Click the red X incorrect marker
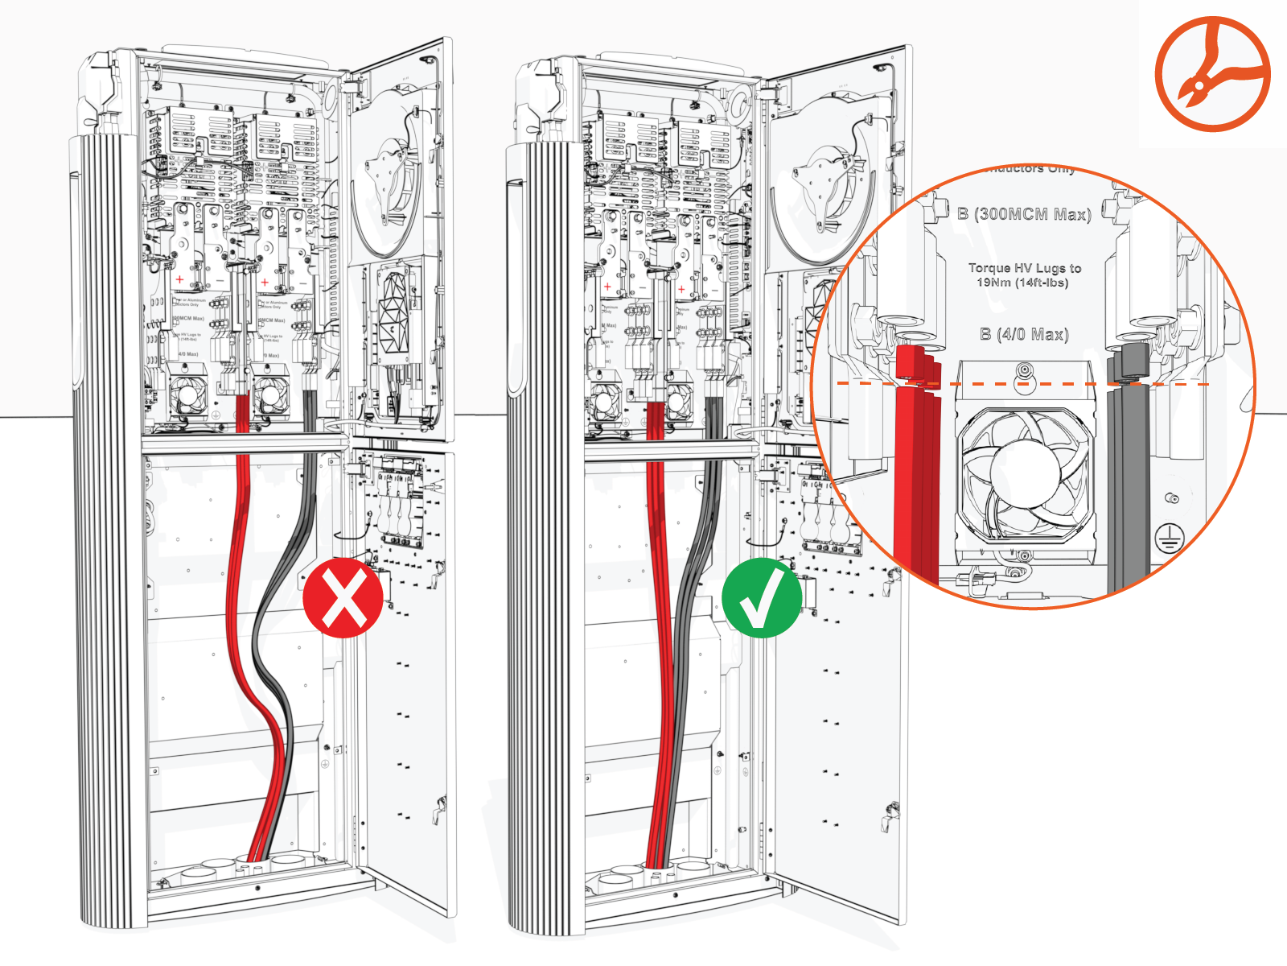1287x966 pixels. click(x=343, y=598)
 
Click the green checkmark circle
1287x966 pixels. click(x=761, y=598)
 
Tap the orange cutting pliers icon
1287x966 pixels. click(x=1212, y=74)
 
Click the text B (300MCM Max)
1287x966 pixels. click(x=1024, y=214)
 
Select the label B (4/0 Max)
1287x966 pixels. click(x=1024, y=334)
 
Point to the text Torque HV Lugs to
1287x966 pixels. click(x=1024, y=268)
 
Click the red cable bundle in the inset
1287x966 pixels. click(x=916, y=467)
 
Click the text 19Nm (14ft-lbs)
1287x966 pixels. click(x=1022, y=283)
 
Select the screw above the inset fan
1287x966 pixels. click(x=1024, y=371)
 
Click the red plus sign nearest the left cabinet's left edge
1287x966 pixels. click(x=179, y=279)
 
